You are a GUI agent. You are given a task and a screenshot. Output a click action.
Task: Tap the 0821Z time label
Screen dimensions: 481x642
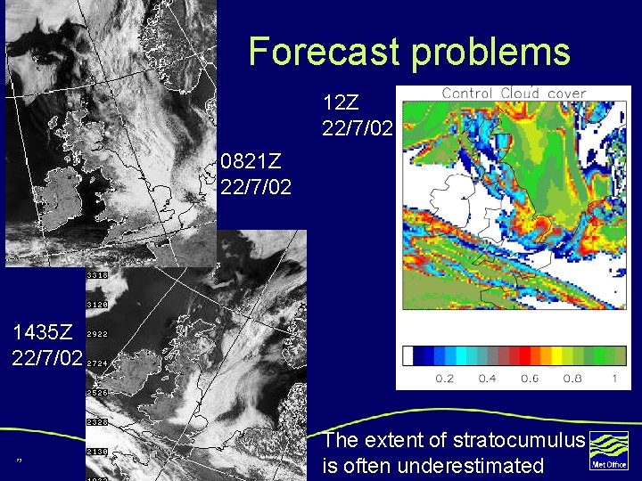point(251,162)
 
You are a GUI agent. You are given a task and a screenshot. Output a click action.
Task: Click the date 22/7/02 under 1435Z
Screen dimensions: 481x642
point(46,358)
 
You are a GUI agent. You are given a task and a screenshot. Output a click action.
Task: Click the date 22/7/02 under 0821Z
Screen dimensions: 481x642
point(255,187)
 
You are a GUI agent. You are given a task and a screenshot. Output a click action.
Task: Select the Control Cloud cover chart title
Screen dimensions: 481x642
point(514,93)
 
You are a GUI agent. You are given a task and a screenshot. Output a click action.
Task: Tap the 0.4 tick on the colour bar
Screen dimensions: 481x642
point(486,379)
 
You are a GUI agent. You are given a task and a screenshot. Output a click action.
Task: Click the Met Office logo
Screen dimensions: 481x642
point(609,451)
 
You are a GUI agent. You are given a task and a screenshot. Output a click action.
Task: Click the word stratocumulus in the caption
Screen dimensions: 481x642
point(519,440)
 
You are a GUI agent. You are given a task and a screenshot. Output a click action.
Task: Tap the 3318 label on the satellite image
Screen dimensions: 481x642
point(97,275)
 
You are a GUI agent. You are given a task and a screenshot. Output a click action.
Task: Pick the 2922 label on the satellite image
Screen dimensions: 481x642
point(97,334)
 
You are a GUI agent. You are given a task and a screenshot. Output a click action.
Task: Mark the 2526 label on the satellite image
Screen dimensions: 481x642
point(97,392)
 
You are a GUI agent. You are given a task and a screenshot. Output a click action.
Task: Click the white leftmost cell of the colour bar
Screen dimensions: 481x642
point(408,356)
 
